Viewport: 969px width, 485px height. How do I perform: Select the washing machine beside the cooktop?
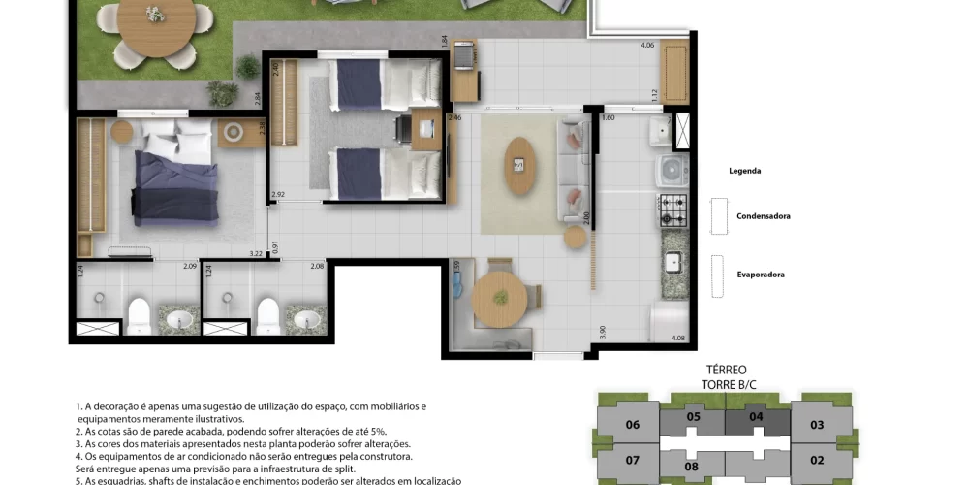[671, 171]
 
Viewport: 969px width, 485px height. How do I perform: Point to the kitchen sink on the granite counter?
[672, 261]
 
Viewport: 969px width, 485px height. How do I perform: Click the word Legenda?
[744, 171]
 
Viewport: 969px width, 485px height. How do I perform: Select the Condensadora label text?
[763, 216]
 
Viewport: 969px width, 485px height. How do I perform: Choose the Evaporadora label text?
[760, 275]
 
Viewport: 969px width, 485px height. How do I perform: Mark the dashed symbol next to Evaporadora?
[717, 276]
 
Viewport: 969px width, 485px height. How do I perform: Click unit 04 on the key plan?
[757, 417]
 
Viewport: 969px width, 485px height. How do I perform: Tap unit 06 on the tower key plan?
[633, 425]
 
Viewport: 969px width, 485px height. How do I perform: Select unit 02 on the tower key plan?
[817, 460]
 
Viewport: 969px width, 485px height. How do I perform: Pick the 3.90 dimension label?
[603, 331]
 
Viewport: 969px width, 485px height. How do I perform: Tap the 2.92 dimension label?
[278, 195]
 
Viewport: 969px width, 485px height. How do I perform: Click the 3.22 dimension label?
[256, 253]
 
